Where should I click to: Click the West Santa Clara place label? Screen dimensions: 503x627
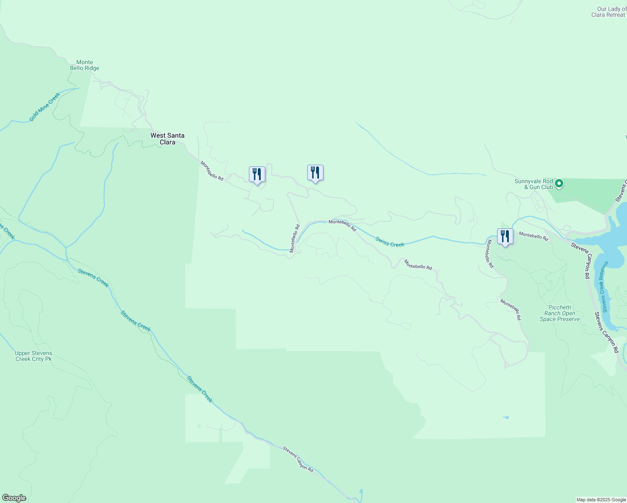coord(167,139)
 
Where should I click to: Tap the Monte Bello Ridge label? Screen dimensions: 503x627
coord(85,65)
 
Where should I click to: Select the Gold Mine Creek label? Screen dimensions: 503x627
coord(45,107)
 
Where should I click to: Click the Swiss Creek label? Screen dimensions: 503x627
coord(390,242)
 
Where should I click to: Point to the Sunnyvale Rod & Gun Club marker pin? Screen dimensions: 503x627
coord(559,184)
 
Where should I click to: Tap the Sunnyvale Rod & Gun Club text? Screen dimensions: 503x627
coord(534,184)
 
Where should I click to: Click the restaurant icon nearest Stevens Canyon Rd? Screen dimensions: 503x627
coord(505,236)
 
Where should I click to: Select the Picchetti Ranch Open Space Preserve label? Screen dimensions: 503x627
coord(560,313)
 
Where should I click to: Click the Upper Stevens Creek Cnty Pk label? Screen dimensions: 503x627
coord(34,356)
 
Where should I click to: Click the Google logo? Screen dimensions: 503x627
coord(14,498)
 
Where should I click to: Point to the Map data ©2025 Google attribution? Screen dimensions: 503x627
coord(601,500)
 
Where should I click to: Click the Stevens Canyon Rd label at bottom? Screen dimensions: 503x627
coord(298,459)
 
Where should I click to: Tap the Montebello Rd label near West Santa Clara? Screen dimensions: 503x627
coord(212,171)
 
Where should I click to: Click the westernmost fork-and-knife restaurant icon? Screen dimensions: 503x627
coord(257,174)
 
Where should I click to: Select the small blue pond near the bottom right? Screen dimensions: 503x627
coord(506,417)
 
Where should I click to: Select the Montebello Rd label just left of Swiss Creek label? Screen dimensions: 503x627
coord(342,225)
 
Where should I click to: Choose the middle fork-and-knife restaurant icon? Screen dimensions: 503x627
coord(315,172)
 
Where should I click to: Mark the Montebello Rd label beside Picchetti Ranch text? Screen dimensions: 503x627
coord(510,309)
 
